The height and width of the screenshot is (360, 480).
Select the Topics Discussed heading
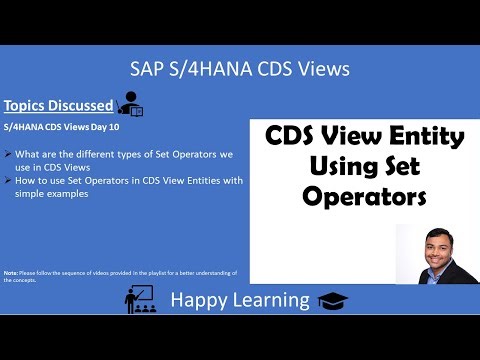pyautogui.click(x=57, y=105)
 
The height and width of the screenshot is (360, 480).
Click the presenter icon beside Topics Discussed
pyautogui.click(x=131, y=103)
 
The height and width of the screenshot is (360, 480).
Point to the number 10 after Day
pyautogui.click(x=123, y=127)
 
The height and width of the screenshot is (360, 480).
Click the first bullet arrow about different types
pyautogui.click(x=8, y=154)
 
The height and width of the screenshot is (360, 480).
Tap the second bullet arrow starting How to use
pyautogui.click(x=8, y=180)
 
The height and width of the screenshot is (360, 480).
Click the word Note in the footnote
pyautogui.click(x=10, y=273)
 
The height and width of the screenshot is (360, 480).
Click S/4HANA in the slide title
pyautogui.click(x=207, y=70)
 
